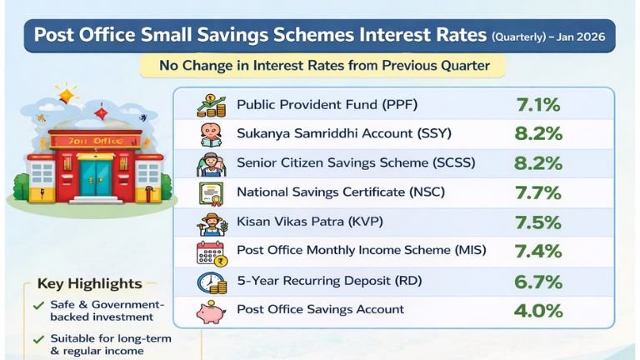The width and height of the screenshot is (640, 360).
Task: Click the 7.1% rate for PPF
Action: (x=538, y=105)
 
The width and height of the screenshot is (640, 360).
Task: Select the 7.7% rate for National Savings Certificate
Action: (x=538, y=192)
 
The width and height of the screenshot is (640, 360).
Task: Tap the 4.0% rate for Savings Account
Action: (x=538, y=310)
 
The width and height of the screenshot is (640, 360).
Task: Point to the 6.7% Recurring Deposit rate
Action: (x=538, y=281)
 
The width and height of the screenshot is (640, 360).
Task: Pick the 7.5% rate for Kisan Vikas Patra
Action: (x=538, y=222)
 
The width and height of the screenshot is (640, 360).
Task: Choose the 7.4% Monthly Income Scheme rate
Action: (x=538, y=252)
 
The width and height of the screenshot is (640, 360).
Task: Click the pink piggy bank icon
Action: (x=210, y=312)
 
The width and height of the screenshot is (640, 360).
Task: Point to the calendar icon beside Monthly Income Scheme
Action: (x=211, y=252)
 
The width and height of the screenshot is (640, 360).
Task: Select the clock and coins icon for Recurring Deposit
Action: (x=211, y=282)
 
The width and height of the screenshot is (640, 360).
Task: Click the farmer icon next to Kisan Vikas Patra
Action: (x=211, y=223)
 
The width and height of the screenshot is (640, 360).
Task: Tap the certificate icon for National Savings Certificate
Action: (x=211, y=193)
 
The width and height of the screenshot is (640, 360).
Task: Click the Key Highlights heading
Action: (x=89, y=284)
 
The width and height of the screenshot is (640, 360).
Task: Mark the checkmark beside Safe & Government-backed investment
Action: (x=38, y=306)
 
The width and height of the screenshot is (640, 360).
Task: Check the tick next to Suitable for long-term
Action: (x=38, y=340)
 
